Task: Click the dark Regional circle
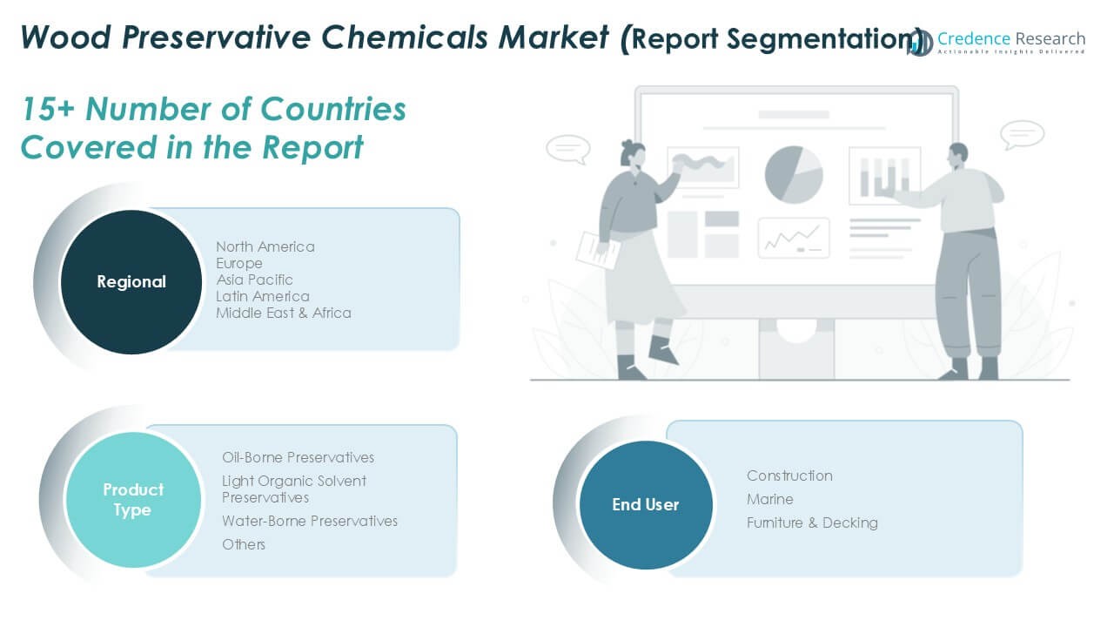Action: (131, 281)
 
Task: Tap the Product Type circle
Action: (133, 500)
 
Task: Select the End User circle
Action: (646, 504)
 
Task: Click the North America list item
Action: (265, 246)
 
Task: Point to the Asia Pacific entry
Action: (254, 280)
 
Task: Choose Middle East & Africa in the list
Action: (284, 313)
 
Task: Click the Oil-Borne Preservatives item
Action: (298, 457)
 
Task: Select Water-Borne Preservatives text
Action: (309, 521)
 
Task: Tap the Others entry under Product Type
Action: (243, 544)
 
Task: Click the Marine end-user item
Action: (770, 499)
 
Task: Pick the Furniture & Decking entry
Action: (812, 522)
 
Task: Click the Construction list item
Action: (789, 475)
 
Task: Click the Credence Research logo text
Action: (1011, 39)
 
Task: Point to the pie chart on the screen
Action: (794, 175)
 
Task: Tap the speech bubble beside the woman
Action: (568, 149)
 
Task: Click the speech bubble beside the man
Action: (1022, 134)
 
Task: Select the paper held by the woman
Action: (597, 251)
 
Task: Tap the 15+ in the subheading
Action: (48, 109)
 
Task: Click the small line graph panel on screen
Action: (794, 239)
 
